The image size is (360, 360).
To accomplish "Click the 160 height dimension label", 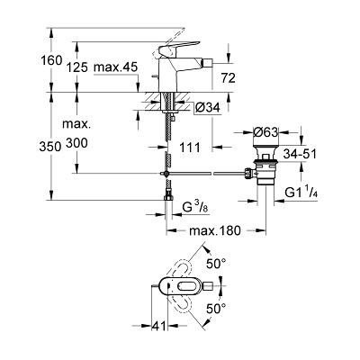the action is click(51, 61).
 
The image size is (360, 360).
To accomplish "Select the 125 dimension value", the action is click(77, 67).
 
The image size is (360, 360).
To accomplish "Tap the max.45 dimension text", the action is click(115, 67).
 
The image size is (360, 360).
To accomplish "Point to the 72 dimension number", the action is click(229, 78).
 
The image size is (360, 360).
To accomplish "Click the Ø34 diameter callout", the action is click(207, 107).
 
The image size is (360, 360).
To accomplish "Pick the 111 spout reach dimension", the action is click(190, 148).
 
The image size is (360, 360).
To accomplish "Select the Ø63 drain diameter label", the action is click(266, 132).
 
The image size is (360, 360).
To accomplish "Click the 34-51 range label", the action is click(300, 155).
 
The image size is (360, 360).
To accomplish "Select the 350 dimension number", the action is click(51, 147).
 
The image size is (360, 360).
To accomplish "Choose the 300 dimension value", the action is click(77, 143).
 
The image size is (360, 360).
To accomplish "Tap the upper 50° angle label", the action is click(216, 264).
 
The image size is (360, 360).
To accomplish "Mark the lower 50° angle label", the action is click(216, 309).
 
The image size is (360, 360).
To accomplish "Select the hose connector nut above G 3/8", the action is click(168, 198).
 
